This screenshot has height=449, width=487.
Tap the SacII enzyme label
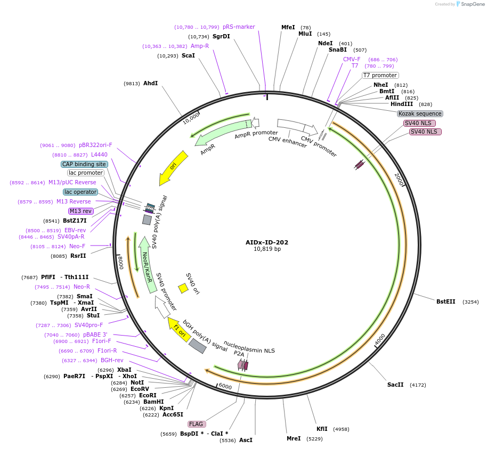[395, 385]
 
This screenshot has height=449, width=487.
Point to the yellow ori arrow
[174, 166]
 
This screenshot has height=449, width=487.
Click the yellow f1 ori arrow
[179, 330]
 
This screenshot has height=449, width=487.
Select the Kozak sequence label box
[420, 113]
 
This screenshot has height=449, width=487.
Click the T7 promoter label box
[380, 75]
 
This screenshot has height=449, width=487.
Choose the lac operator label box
[80, 192]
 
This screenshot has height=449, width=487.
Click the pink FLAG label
[196, 424]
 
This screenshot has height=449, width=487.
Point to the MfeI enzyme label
[288, 27]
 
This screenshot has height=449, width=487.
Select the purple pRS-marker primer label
[239, 27]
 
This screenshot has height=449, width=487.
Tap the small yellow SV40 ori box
[183, 288]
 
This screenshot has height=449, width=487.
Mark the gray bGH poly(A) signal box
[198, 346]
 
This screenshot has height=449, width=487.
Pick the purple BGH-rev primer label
[112, 360]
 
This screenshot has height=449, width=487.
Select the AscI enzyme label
[246, 440]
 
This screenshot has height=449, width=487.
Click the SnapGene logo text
[473, 4]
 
